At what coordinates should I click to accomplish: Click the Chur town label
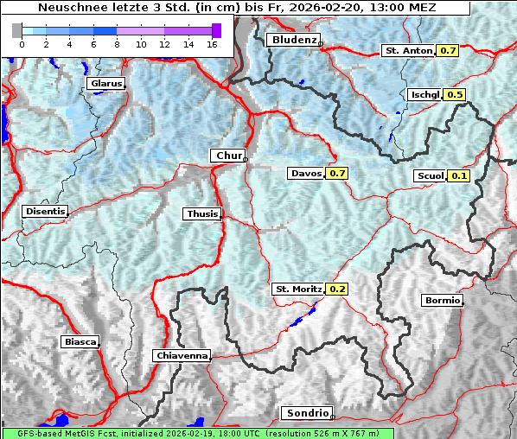(x=228, y=156)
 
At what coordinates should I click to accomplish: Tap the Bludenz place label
(x=292, y=40)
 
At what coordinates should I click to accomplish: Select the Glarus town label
(x=105, y=83)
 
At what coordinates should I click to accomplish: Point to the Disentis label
(x=44, y=211)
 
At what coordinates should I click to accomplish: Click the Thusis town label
(x=201, y=213)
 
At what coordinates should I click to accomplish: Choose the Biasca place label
(x=80, y=341)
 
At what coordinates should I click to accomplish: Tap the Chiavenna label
(x=182, y=355)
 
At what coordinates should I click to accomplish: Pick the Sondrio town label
(x=306, y=413)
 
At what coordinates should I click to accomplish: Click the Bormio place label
(x=441, y=301)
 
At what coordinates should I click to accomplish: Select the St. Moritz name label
(x=297, y=289)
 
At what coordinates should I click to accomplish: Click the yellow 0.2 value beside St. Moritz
(x=337, y=289)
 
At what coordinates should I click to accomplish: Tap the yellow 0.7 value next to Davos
(x=337, y=173)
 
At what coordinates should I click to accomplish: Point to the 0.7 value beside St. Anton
(x=448, y=50)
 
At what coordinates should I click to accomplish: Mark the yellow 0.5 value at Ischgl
(x=456, y=94)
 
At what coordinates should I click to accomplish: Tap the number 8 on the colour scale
(x=117, y=43)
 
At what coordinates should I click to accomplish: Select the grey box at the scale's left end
(x=16, y=30)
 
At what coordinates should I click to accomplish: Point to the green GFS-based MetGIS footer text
(x=197, y=433)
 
